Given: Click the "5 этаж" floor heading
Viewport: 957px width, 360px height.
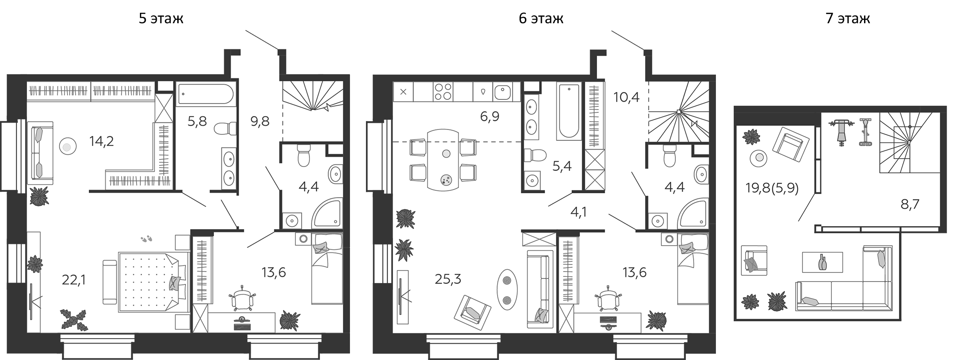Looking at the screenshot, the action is click(x=161, y=19).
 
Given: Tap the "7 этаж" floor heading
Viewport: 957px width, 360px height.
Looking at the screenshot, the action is click(x=848, y=19).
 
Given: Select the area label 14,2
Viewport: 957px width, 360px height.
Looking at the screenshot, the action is click(x=101, y=141).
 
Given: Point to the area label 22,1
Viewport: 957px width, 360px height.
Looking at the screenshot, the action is click(x=74, y=279).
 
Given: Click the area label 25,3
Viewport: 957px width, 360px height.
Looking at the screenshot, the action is click(x=448, y=279).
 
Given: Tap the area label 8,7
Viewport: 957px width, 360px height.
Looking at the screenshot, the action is click(x=910, y=204).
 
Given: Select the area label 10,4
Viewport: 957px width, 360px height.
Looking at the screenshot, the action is click(x=627, y=97).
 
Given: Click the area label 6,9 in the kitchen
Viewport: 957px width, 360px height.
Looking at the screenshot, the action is click(x=489, y=117).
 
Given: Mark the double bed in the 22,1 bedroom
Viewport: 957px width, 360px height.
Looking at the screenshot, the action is click(x=154, y=282).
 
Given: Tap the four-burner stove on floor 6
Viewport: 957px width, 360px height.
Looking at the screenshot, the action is click(x=443, y=91).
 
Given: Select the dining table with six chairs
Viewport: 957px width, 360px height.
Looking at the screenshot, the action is click(x=443, y=159).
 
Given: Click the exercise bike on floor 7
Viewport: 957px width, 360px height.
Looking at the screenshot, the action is click(x=865, y=133).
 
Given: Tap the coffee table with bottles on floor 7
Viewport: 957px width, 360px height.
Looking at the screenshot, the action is click(x=822, y=262).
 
